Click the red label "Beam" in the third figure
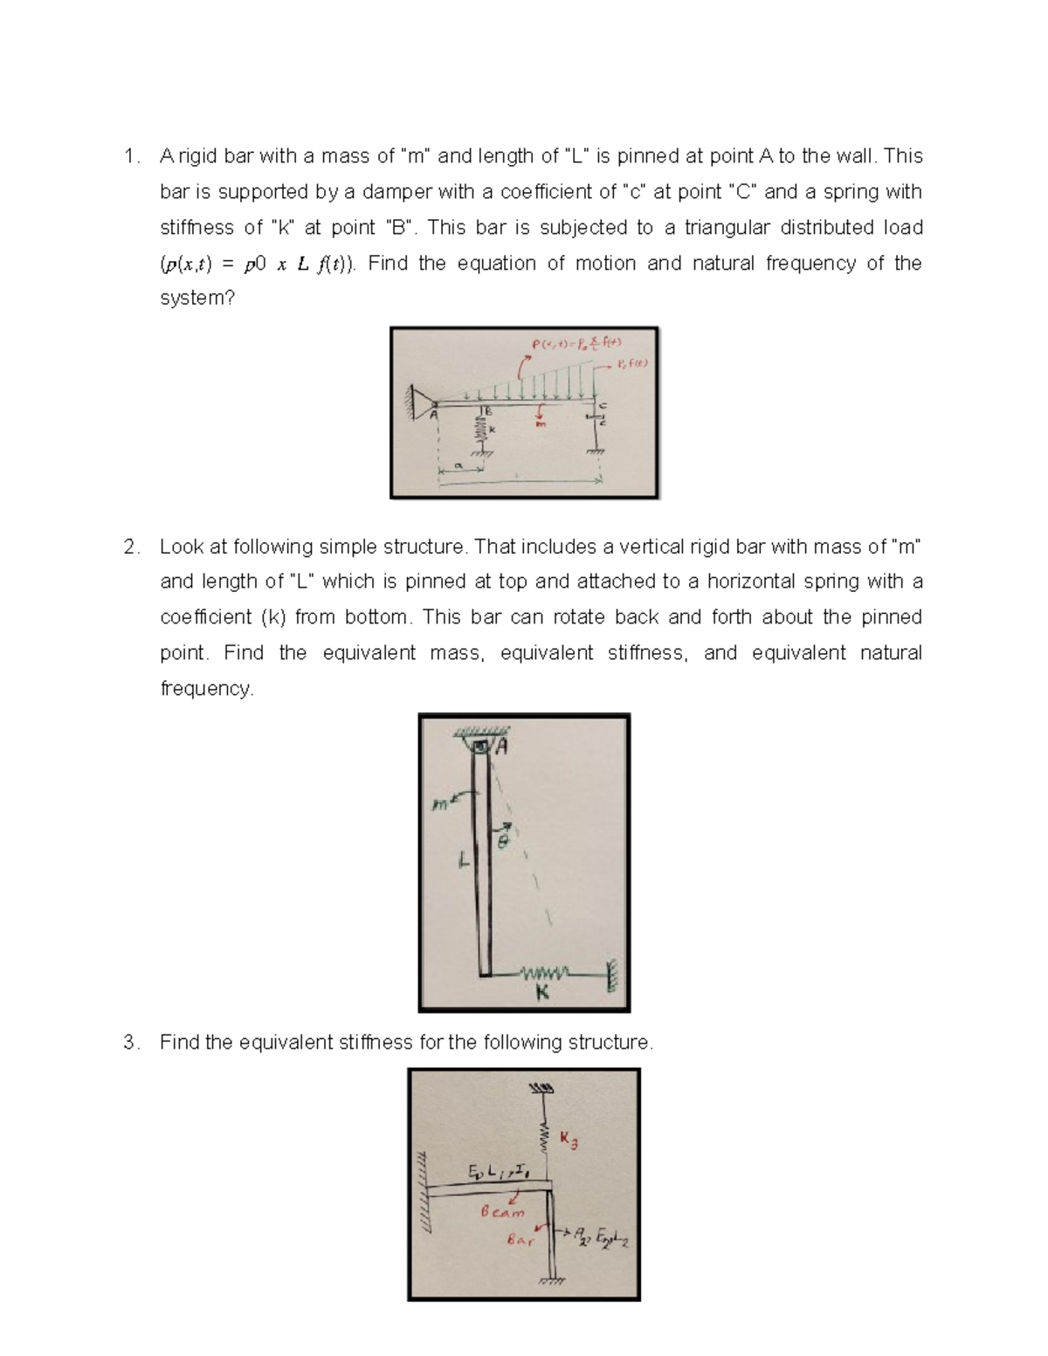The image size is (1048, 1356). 503,1212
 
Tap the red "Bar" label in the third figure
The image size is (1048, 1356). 521,1239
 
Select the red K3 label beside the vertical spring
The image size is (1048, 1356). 569,1140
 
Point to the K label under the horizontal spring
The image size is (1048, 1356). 542,992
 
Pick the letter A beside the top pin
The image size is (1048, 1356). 502,747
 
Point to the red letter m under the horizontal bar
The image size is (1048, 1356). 541,424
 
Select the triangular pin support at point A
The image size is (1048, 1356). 425,402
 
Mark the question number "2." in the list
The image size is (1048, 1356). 131,547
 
